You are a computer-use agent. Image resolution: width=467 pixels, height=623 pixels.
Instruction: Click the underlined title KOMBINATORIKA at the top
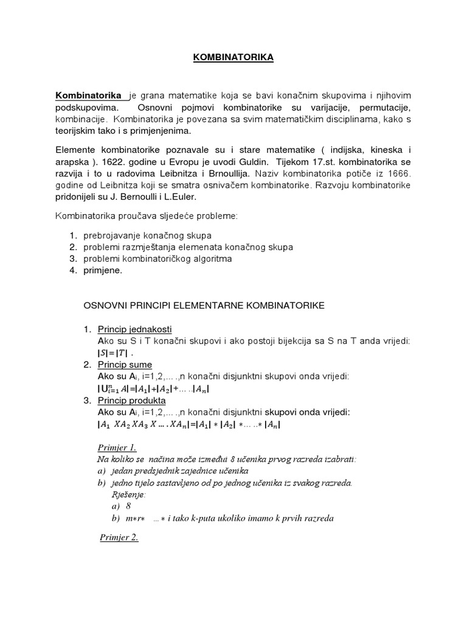pyautogui.click(x=233, y=57)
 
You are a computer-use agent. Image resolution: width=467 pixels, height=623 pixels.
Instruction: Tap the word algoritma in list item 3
pyautogui.click(x=212, y=259)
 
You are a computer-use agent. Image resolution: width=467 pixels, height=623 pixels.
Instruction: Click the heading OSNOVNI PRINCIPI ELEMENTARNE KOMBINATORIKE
pyautogui.click(x=204, y=305)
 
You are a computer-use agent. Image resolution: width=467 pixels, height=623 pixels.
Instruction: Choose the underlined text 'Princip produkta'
pyautogui.click(x=132, y=400)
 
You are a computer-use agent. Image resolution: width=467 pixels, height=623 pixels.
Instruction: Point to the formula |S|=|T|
pyautogui.click(x=114, y=353)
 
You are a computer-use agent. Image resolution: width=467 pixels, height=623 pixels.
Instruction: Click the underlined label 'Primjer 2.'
pyautogui.click(x=119, y=538)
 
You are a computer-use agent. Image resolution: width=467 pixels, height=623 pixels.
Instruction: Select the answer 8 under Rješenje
pyautogui.click(x=128, y=506)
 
